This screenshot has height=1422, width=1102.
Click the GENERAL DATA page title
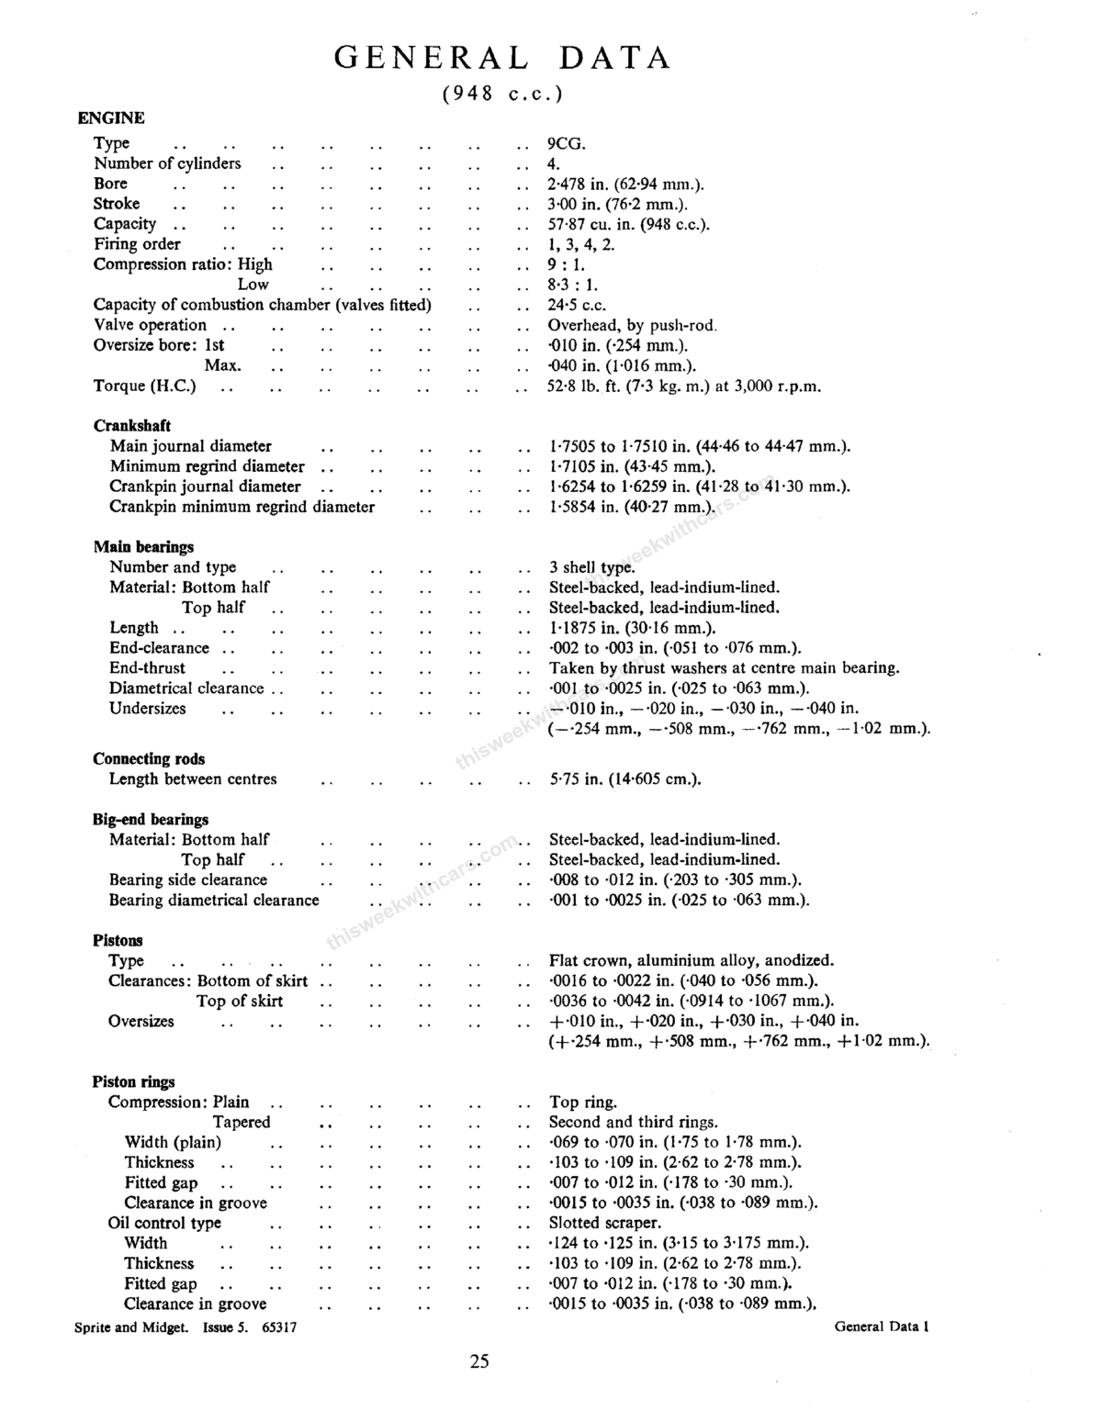(502, 58)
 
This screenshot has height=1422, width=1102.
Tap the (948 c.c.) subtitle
(501, 94)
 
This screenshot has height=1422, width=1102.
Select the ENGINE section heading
(111, 118)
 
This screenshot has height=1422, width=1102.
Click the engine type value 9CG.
(567, 143)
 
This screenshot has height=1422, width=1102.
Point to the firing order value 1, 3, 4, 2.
(581, 244)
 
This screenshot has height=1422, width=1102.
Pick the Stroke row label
(117, 204)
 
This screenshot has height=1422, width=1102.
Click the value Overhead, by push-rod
(632, 325)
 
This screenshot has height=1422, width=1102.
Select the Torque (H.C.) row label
(145, 386)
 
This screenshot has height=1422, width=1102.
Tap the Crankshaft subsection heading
(132, 426)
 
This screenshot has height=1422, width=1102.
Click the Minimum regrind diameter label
(207, 466)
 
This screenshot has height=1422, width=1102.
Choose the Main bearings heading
(143, 547)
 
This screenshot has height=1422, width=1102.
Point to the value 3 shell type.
(591, 567)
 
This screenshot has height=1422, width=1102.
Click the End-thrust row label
(147, 668)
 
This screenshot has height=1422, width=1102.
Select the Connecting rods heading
(149, 759)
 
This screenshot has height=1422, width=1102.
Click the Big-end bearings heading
(151, 820)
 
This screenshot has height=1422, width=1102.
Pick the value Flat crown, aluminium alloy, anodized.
(692, 961)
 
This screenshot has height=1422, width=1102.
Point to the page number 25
(479, 1361)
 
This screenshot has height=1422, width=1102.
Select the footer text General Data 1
(882, 1326)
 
